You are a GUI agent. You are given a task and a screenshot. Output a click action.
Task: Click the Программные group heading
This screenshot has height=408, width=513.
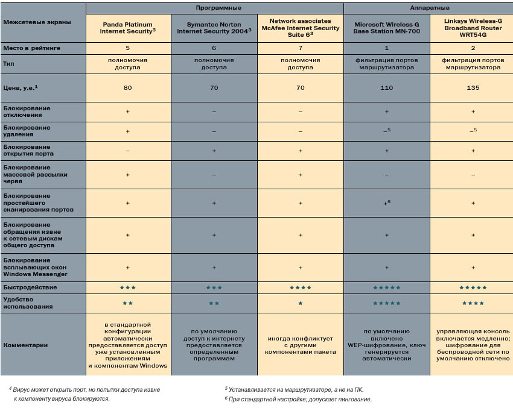(x=215, y=7)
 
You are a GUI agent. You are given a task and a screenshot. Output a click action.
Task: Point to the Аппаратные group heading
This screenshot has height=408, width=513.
(x=429, y=7)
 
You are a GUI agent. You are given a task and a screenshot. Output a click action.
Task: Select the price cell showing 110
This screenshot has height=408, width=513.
(x=387, y=88)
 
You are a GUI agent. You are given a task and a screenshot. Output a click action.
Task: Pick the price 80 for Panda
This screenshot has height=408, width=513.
(x=127, y=88)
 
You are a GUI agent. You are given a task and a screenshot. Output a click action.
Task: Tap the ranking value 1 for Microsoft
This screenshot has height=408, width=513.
(x=387, y=47)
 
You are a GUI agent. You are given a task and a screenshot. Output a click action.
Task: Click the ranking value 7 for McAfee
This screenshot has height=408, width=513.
(x=300, y=47)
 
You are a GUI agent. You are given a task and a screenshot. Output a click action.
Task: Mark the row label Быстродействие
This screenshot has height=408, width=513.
(x=30, y=287)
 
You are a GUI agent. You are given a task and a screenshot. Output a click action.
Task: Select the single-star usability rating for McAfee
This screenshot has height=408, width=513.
(x=300, y=303)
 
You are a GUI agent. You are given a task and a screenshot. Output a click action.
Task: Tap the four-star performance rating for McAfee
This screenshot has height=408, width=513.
(x=300, y=287)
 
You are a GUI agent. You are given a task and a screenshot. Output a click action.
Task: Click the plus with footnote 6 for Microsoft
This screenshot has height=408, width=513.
(x=387, y=203)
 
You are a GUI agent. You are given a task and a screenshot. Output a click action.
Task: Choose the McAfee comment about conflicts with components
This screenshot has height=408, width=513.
(x=300, y=345)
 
